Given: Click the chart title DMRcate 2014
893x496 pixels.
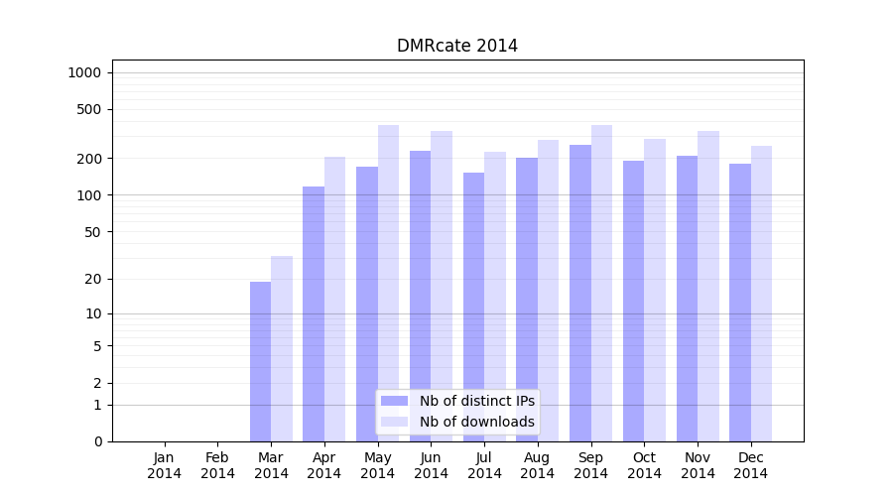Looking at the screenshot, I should pyautogui.click(x=456, y=46).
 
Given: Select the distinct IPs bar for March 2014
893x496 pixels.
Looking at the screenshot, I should pyautogui.click(x=260, y=361).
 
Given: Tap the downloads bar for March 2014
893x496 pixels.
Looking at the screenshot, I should pyautogui.click(x=282, y=348).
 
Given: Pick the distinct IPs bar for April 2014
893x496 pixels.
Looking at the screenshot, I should pyautogui.click(x=314, y=313).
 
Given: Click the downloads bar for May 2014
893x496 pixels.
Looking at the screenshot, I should pyautogui.click(x=388, y=283).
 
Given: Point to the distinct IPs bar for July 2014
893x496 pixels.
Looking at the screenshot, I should pyautogui.click(x=473, y=307).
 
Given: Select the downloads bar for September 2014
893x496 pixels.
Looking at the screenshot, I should pyautogui.click(x=601, y=283).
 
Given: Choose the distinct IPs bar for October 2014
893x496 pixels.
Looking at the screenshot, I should pyautogui.click(x=633, y=301).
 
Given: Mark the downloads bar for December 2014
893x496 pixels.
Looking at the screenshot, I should pyautogui.click(x=761, y=294).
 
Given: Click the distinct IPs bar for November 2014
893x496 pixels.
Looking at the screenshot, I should pyautogui.click(x=687, y=299).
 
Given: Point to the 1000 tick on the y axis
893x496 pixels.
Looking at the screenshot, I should pyautogui.click(x=84, y=72).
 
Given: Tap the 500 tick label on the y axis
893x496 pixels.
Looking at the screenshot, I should pyautogui.click(x=90, y=109).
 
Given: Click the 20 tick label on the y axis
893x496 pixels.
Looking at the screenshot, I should pyautogui.click(x=94, y=279).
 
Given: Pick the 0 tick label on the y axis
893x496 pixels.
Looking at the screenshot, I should pyautogui.click(x=97, y=441).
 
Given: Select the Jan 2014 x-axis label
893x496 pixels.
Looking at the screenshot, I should pyautogui.click(x=165, y=465).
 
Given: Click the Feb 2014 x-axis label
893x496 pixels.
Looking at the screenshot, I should pyautogui.click(x=217, y=465).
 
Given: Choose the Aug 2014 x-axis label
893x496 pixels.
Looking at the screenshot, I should pyautogui.click(x=538, y=465).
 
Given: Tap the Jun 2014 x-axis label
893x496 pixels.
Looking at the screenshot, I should pyautogui.click(x=431, y=465).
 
